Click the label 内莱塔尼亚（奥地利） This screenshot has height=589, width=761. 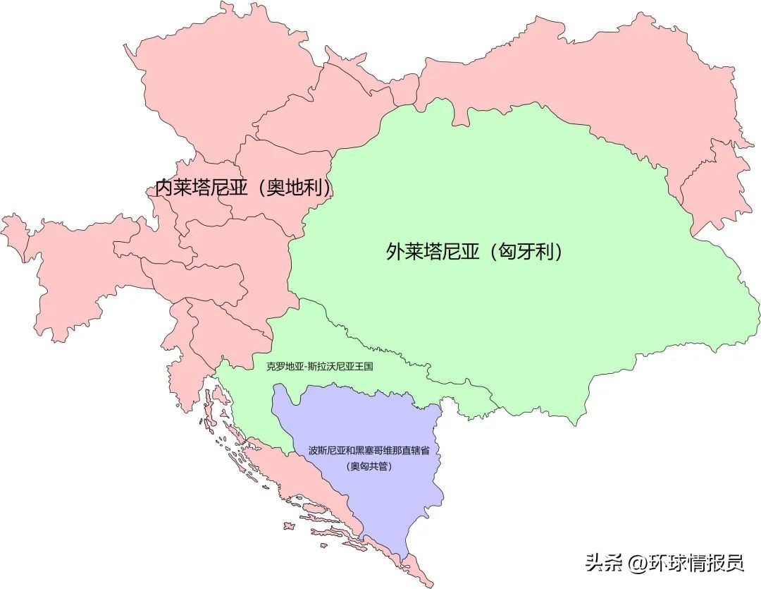[244, 188]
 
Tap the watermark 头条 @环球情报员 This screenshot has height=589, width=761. [664, 562]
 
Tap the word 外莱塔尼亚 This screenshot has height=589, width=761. [433, 252]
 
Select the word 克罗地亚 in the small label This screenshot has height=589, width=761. [283, 367]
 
